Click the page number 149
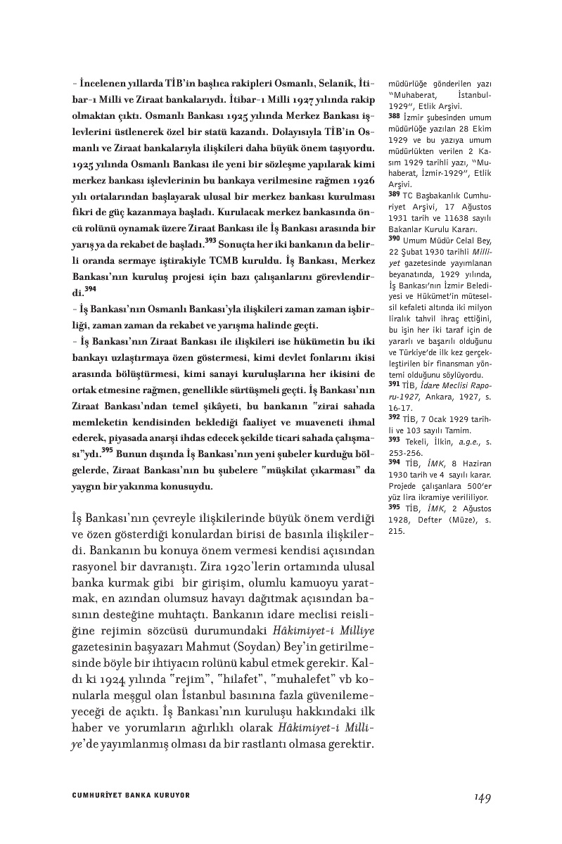482,796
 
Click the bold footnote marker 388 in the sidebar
394,115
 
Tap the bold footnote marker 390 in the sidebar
394,239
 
